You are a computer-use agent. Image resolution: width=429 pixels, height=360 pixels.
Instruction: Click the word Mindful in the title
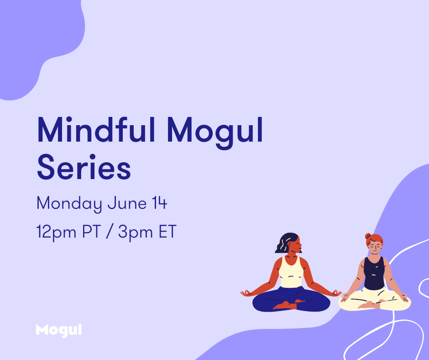point(96,130)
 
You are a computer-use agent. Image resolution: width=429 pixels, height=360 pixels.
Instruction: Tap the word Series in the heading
point(84,167)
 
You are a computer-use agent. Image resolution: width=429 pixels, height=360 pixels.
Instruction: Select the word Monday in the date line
point(69,204)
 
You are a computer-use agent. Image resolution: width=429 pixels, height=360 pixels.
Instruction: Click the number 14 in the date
point(160,203)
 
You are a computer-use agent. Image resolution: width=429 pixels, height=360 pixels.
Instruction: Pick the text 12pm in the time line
point(56,233)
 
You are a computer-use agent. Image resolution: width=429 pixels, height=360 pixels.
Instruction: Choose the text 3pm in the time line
point(136,233)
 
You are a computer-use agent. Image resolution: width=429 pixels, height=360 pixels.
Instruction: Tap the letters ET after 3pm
point(167,232)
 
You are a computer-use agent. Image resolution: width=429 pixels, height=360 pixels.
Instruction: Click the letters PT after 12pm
point(92,232)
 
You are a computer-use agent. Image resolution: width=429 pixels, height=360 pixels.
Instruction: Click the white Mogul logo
point(59,330)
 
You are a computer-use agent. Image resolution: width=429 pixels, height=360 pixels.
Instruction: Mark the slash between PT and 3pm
point(110,232)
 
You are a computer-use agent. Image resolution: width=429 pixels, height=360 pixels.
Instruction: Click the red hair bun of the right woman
point(368,236)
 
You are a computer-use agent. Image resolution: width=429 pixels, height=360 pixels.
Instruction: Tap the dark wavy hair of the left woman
point(285,243)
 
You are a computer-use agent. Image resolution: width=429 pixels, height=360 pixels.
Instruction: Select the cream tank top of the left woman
point(291,273)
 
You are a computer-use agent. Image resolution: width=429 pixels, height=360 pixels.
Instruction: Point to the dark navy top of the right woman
point(374,273)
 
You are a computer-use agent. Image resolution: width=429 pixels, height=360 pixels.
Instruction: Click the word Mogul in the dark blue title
point(215,133)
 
